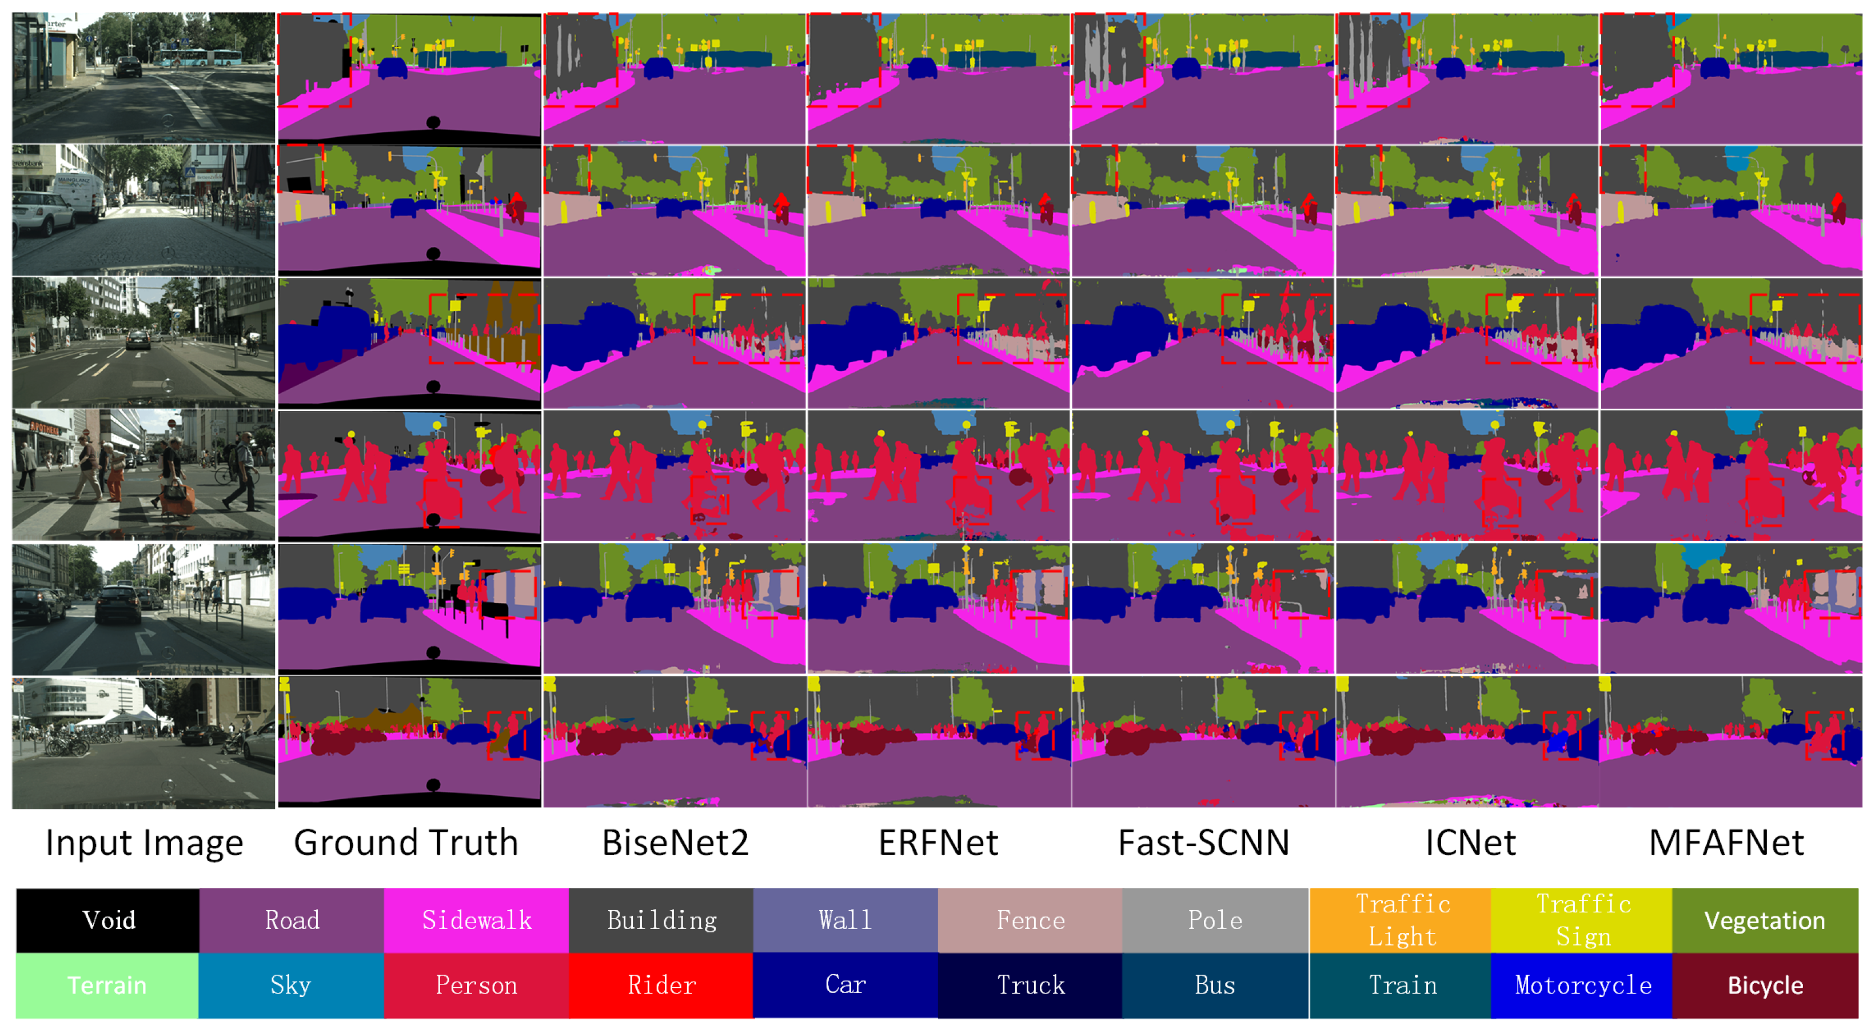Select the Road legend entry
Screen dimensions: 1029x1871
(292, 920)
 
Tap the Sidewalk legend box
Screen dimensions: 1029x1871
(476, 920)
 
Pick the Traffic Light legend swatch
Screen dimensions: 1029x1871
(1402, 920)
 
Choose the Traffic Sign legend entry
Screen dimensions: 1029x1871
(1583, 920)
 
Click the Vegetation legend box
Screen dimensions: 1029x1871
(1764, 920)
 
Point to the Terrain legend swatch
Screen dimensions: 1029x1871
(107, 986)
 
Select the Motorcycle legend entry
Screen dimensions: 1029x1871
(1583, 986)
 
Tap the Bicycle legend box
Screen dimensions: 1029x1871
(1764, 986)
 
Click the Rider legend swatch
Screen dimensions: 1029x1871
(661, 986)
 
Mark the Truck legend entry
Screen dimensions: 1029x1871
(1030, 986)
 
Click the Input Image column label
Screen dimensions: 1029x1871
(144, 843)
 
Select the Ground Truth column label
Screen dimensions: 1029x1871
(406, 843)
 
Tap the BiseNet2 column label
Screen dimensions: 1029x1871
(675, 843)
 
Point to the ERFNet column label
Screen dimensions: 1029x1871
(939, 843)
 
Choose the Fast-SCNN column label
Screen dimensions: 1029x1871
(1203, 843)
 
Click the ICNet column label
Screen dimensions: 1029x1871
(1470, 843)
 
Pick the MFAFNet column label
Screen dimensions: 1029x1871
(1726, 843)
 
